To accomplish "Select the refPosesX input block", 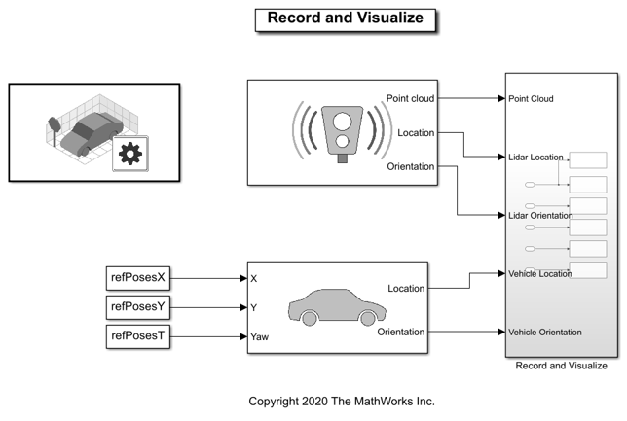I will [x=138, y=277].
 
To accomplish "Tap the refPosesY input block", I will [x=138, y=307].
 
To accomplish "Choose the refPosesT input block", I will [x=138, y=337].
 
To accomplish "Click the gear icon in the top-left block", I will [x=129, y=154].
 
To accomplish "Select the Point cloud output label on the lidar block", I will [x=410, y=98].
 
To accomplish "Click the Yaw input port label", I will [x=260, y=337].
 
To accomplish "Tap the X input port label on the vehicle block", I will [x=254, y=278].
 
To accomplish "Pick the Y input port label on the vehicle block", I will [x=254, y=307].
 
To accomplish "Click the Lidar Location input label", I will [x=535, y=157].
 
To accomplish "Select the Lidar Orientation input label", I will [x=540, y=215].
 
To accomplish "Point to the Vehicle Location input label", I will [x=540, y=273].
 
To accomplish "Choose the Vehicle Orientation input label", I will [x=545, y=332].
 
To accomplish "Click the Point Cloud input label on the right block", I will [x=531, y=98].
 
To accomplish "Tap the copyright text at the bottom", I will [x=342, y=401].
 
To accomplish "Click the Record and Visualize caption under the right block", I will [x=561, y=366].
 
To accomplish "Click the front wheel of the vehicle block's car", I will [x=368, y=318].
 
